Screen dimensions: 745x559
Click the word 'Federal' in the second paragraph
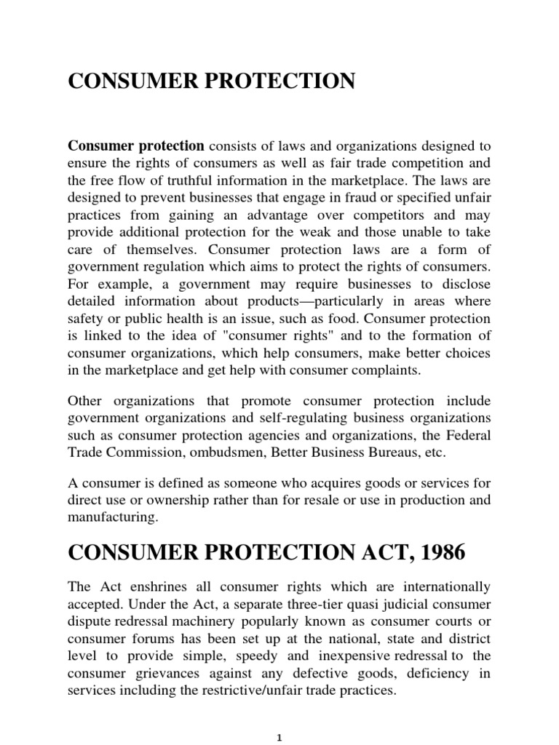471,435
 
